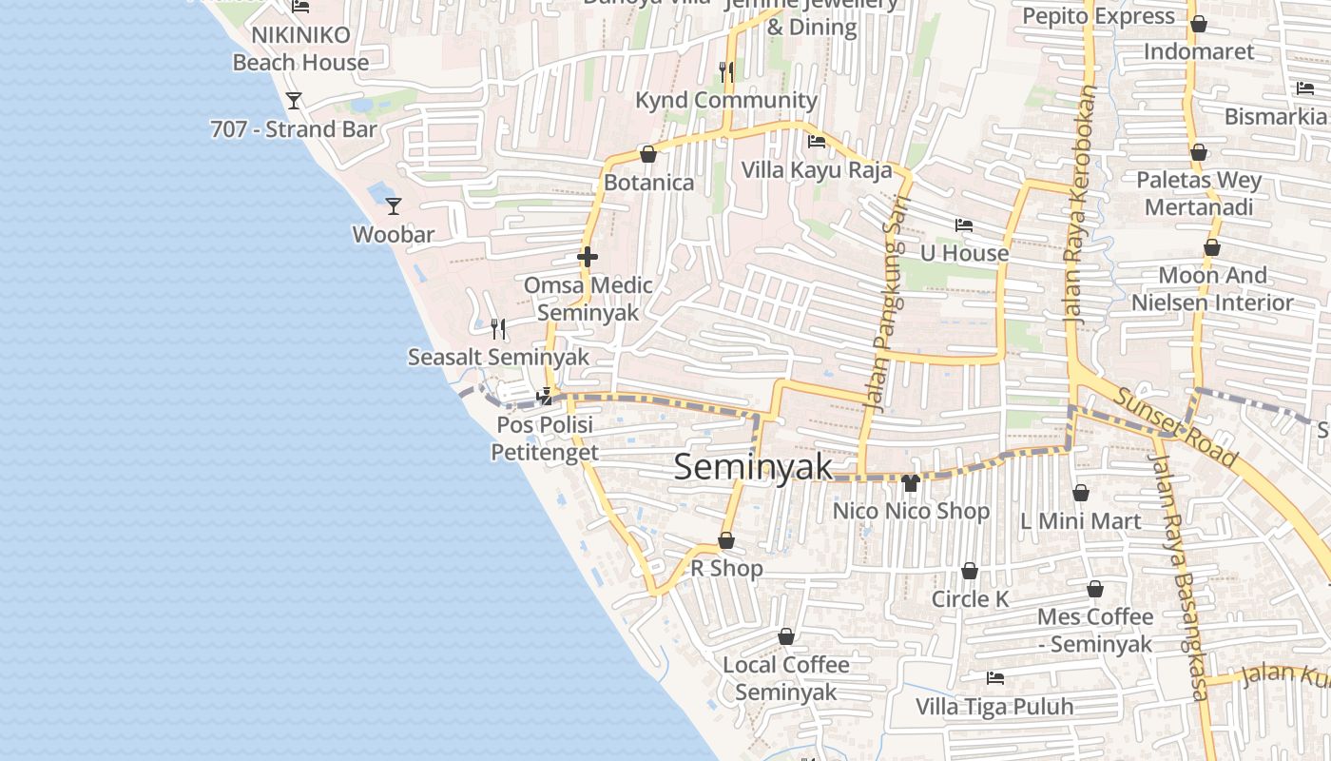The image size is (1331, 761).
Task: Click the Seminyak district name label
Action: [753, 467]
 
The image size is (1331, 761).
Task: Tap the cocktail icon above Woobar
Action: [393, 205]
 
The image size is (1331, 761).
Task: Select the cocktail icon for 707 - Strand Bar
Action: [294, 100]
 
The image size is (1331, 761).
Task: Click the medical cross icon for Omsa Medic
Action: [588, 256]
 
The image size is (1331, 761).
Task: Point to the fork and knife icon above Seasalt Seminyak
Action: [498, 329]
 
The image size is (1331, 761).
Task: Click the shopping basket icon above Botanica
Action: [648, 154]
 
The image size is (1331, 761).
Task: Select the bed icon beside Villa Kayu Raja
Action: [816, 143]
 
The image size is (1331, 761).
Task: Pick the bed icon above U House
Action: [964, 225]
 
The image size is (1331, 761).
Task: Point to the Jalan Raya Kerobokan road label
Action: [1083, 206]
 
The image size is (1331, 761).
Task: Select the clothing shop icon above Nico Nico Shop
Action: [911, 483]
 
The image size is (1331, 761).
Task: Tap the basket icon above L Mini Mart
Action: [1080, 493]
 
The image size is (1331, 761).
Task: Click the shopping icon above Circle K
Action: [970, 571]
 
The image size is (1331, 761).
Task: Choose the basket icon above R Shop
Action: [726, 540]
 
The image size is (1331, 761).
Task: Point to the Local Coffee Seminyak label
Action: [786, 677]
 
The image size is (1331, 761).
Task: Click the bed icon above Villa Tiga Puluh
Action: [995, 678]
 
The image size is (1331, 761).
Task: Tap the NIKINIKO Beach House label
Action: [300, 49]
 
